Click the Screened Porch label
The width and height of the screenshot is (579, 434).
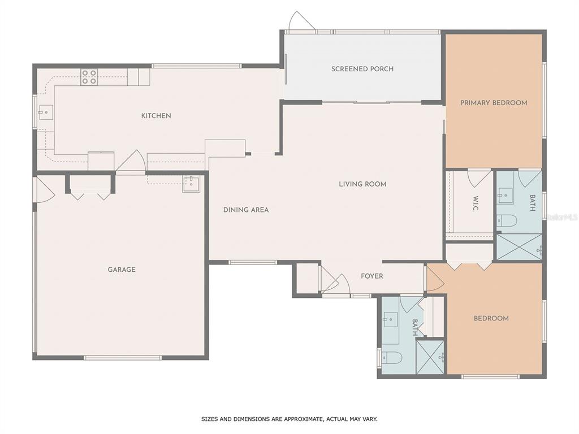(362, 68)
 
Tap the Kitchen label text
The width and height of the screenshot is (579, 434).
(156, 115)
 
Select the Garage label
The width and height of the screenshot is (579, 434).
(122, 270)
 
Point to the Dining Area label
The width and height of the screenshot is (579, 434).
(246, 210)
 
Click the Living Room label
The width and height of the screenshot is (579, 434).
(362, 184)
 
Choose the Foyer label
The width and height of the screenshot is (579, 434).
(372, 276)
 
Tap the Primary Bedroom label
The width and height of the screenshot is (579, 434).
(494, 103)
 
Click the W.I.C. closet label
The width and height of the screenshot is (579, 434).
(475, 203)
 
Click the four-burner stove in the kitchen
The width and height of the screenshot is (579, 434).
(89, 77)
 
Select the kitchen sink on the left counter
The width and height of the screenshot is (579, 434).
(46, 112)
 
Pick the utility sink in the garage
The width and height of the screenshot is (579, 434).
(191, 185)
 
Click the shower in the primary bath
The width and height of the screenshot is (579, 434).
(519, 246)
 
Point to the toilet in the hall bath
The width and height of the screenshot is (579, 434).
(391, 357)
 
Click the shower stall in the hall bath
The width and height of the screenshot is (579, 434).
(430, 357)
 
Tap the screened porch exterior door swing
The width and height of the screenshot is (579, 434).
(301, 21)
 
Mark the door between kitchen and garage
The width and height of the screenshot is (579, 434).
(131, 161)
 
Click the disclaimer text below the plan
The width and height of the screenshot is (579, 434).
(289, 419)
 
